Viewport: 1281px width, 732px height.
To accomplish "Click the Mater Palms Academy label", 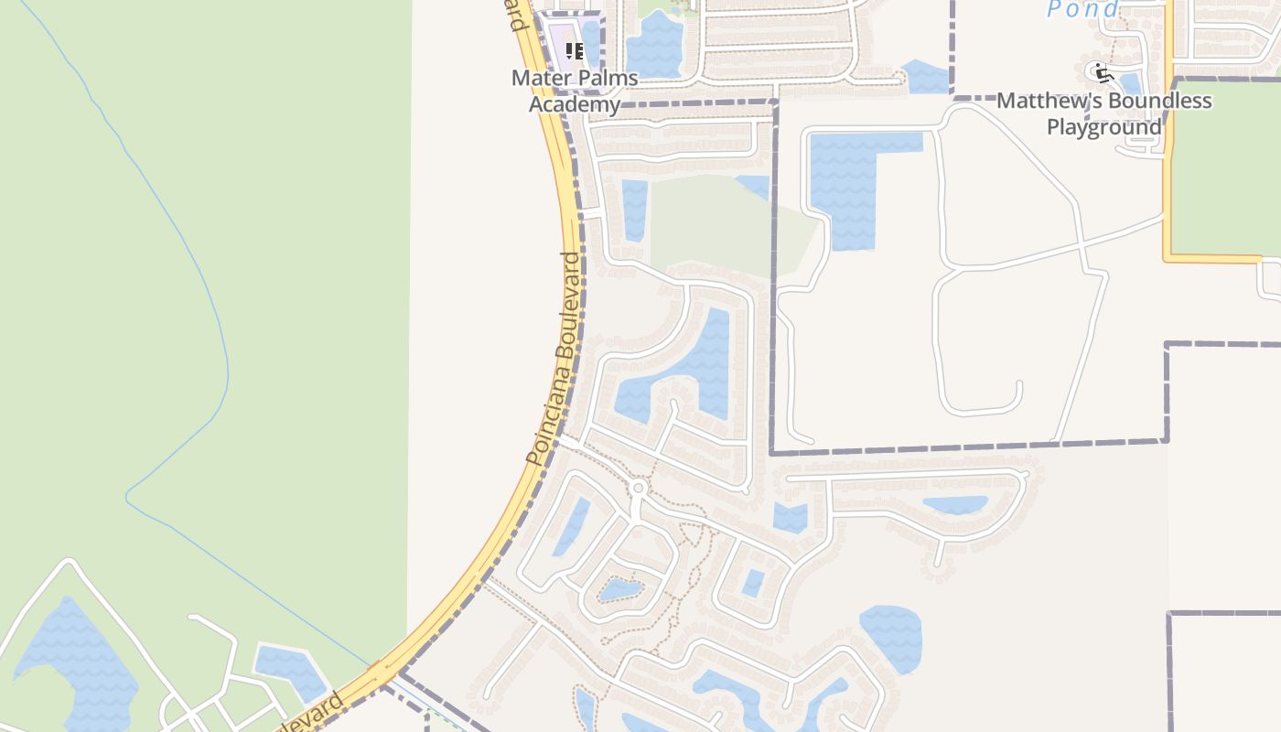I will pos(575,91).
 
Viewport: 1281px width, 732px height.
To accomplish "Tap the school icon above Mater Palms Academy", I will pos(575,51).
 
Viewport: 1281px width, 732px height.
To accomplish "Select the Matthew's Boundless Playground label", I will pos(1104,113).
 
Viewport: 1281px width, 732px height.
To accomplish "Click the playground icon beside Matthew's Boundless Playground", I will pos(1103,72).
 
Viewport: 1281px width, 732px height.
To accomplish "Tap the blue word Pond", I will pos(1082,10).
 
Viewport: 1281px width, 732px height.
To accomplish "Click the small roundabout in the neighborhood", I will pos(639,488).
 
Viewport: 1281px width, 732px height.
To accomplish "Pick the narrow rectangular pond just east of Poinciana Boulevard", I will pos(634,210).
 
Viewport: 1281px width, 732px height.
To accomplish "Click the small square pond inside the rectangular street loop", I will pos(753,583).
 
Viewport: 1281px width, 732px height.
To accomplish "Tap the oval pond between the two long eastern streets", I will pos(955,505).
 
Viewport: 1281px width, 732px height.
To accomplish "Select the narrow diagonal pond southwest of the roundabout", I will pos(571,527).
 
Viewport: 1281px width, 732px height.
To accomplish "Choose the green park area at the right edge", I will pos(1226,165).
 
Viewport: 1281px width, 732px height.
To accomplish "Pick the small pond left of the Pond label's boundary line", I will pos(926,78).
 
